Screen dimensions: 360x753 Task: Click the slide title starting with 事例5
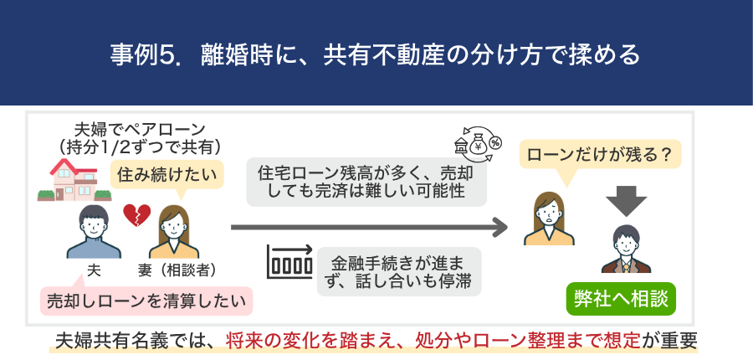tap(376, 54)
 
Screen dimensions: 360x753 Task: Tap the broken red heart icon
tap(136, 215)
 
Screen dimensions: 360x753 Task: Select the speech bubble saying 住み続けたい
tap(168, 174)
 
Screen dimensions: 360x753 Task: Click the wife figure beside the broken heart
tap(174, 232)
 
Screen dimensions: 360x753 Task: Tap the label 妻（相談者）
tap(177, 271)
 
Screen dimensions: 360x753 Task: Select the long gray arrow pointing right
tap(369, 227)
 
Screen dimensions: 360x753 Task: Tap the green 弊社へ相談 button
tap(620, 297)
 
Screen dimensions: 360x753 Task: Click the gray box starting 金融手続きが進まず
tap(400, 270)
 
